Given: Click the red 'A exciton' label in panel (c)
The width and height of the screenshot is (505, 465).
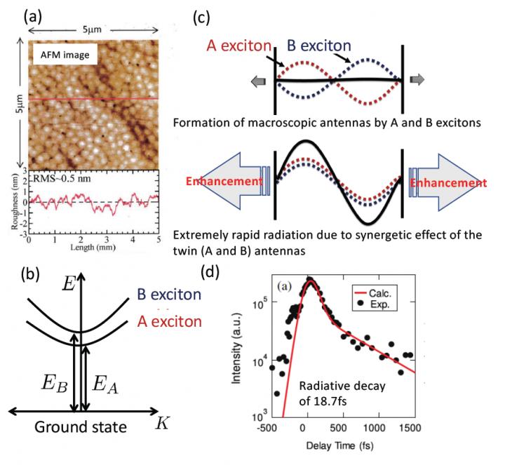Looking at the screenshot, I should pyautogui.click(x=238, y=46).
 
